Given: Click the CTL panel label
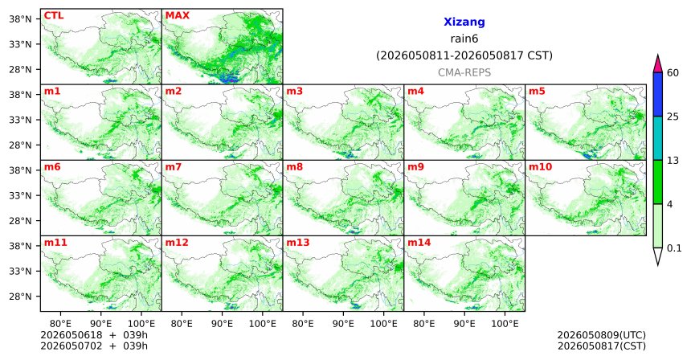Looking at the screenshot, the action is (x=54, y=15).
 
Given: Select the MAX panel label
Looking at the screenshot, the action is (x=177, y=15).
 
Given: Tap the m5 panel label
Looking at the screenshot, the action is (x=537, y=92).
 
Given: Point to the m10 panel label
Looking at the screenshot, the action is (x=540, y=167).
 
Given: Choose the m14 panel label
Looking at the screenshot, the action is (x=419, y=243).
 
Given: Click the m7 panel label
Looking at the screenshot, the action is (x=174, y=167).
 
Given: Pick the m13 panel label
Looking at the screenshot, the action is (x=298, y=243).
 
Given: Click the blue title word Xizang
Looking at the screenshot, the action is (x=464, y=22).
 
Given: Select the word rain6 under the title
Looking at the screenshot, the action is (x=464, y=39).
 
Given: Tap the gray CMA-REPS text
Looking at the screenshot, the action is (x=464, y=72).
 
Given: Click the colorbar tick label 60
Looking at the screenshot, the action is (x=673, y=72).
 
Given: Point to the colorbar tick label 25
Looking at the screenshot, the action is (x=673, y=117).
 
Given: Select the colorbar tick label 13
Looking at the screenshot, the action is (x=673, y=161).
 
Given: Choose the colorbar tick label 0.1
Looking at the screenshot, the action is (x=674, y=248).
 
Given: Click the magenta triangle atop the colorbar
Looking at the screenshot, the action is (x=658, y=64).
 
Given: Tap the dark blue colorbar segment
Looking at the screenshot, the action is (x=658, y=94).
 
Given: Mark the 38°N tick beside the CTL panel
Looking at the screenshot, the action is (x=20, y=18).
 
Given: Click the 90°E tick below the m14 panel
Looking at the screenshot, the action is (x=464, y=324).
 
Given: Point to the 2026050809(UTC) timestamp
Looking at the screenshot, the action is (x=602, y=335).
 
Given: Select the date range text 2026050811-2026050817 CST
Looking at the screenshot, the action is (x=464, y=55).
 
